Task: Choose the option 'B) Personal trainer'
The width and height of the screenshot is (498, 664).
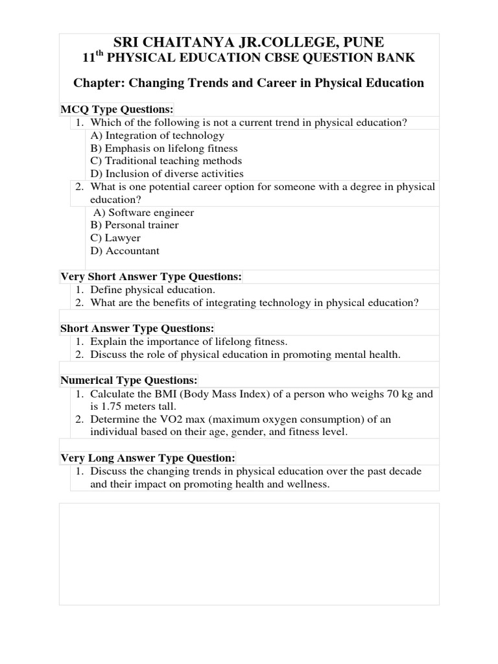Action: pos(134,225)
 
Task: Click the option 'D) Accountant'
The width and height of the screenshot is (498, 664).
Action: pos(124,251)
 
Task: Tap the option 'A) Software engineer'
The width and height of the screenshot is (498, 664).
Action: pos(143,213)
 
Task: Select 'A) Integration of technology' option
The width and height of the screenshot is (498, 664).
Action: pos(157,136)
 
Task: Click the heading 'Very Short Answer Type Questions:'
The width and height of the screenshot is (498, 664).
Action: pos(151,276)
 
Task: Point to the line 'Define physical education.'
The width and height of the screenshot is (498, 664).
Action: pos(152,290)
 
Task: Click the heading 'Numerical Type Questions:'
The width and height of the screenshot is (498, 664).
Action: pos(129,379)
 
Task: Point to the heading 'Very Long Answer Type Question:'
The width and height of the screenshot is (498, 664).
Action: pos(148,457)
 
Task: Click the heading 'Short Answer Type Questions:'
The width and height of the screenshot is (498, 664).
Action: pos(137,328)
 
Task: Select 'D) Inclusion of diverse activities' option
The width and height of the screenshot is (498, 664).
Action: pos(167,174)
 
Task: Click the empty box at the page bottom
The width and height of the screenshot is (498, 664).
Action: pos(249,554)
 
